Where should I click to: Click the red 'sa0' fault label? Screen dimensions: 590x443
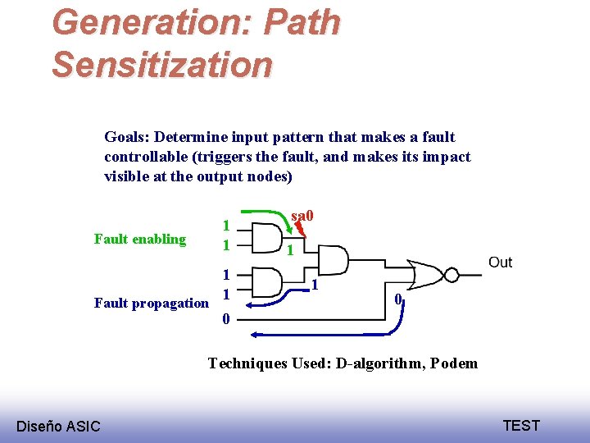click(303, 217)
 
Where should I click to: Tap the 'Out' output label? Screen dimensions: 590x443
click(500, 263)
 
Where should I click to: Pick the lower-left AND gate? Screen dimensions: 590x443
click(264, 284)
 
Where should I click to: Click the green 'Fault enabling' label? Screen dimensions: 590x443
click(140, 240)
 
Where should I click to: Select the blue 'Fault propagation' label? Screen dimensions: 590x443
click(152, 303)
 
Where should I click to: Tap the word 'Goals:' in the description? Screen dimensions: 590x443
click(127, 137)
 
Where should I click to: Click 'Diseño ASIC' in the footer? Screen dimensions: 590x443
click(58, 426)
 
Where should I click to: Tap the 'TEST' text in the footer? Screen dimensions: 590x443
click(521, 425)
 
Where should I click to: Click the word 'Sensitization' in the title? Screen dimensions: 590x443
click(162, 64)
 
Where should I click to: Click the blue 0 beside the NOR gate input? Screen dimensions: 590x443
click(397, 299)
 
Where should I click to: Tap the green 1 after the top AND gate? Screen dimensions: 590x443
click(289, 249)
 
